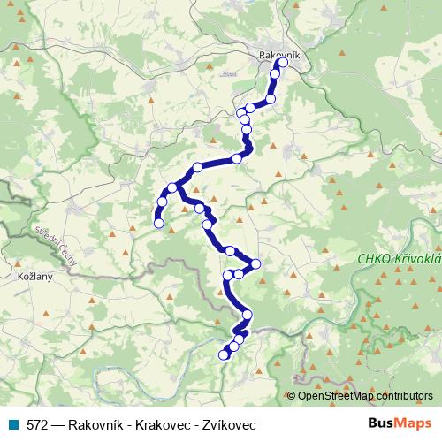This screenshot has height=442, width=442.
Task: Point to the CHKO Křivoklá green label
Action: (x=399, y=258)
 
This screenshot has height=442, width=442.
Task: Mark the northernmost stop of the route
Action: (x=283, y=63)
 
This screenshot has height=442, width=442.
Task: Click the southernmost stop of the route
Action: (x=223, y=355)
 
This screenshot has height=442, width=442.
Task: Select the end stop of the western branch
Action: (x=159, y=224)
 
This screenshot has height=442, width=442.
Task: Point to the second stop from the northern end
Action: (x=276, y=74)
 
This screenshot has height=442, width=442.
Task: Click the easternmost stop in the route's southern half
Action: (x=256, y=263)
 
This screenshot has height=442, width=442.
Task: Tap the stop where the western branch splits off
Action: (x=173, y=187)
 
